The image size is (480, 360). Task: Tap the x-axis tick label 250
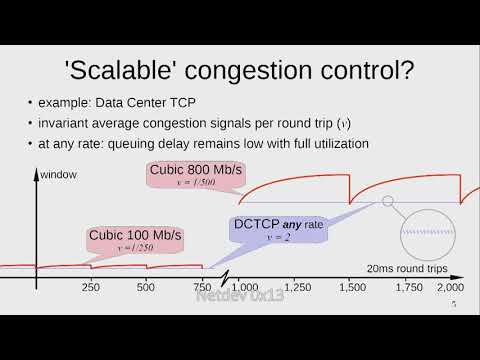90,288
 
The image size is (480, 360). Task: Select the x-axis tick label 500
145,288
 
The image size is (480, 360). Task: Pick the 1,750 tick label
407,288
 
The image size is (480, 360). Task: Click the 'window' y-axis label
59,175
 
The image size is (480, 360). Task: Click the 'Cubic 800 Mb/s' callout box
196,176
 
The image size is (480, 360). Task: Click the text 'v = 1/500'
196,184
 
